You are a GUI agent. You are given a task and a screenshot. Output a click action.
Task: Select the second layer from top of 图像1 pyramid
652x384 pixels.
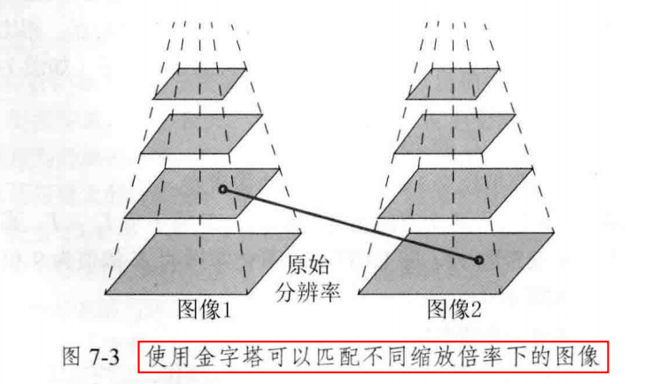pyautogui.click(x=202, y=132)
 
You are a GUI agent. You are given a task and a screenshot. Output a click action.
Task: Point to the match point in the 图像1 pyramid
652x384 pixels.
pyautogui.click(x=223, y=189)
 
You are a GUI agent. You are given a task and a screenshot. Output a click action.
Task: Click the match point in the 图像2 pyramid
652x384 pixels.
pyautogui.click(x=478, y=261)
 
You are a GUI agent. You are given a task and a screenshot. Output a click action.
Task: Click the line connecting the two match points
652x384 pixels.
pyautogui.click(x=351, y=225)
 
